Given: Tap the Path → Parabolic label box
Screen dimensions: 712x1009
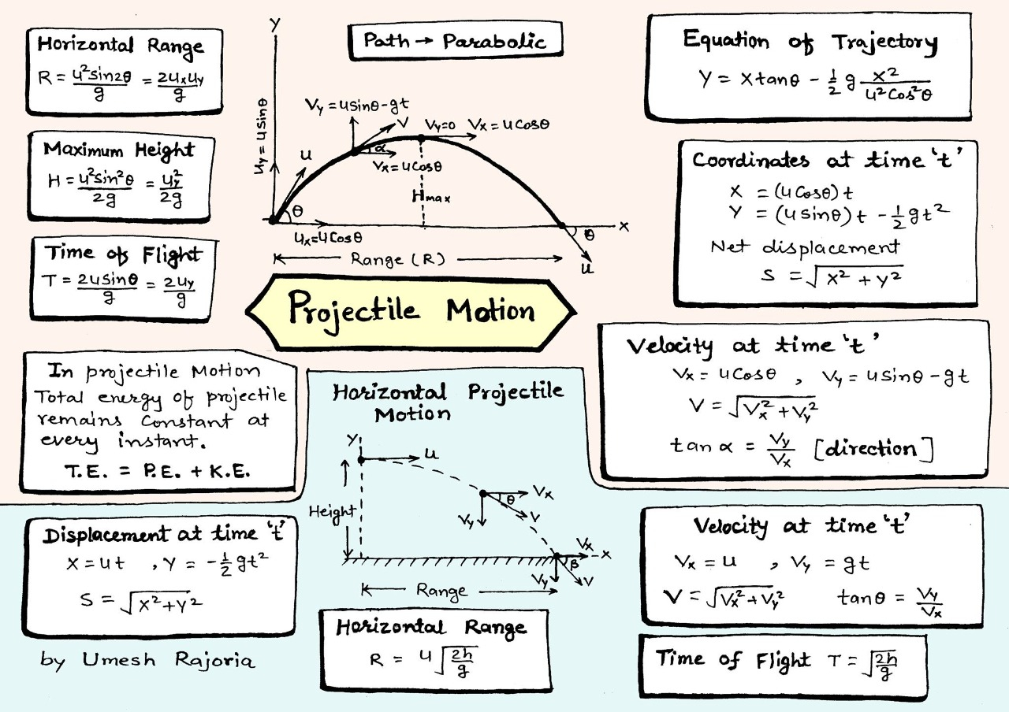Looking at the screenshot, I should (454, 41).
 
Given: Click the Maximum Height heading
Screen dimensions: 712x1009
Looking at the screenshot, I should (119, 149).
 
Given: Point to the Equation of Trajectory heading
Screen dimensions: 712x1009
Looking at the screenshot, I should (810, 41).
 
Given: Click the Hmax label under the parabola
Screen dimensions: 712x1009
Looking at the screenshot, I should (430, 198).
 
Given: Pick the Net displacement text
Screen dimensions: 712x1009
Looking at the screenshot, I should (805, 247).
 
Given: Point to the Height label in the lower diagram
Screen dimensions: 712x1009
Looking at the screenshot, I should (332, 511).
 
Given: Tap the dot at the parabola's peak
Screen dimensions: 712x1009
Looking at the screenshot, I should (421, 137).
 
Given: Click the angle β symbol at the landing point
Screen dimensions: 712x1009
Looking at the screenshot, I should (573, 565).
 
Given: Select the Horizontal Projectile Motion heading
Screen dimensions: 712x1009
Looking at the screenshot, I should (447, 401).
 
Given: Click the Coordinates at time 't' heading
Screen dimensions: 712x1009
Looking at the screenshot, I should (828, 161).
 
